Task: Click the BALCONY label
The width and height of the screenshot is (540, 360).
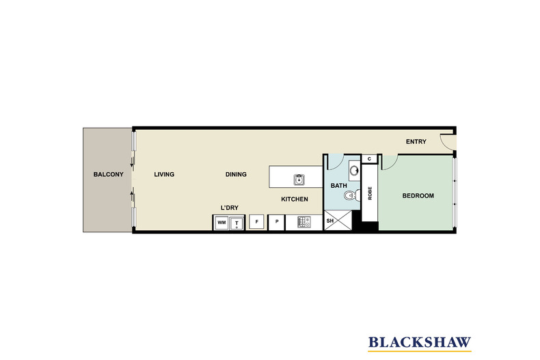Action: pyautogui.click(x=108, y=174)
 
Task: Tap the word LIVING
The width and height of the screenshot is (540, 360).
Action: pyautogui.click(x=164, y=174)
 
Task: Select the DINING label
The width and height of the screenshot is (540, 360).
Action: pyautogui.click(x=236, y=174)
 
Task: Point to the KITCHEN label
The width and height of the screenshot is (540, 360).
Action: pyautogui.click(x=295, y=199)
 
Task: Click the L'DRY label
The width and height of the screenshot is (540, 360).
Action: pyautogui.click(x=230, y=208)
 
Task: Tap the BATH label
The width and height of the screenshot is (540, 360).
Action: pyautogui.click(x=339, y=186)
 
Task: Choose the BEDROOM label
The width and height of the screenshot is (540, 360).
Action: pyautogui.click(x=418, y=196)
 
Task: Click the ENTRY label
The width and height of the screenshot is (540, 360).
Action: pyautogui.click(x=416, y=141)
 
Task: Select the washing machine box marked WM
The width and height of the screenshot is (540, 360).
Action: pyautogui.click(x=221, y=223)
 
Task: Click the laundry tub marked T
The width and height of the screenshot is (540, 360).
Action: pyautogui.click(x=237, y=223)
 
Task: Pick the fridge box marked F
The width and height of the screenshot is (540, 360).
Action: pyautogui.click(x=256, y=222)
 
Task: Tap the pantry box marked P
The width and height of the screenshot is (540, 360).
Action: pyautogui.click(x=277, y=222)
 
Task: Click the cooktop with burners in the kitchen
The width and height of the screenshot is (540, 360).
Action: pyautogui.click(x=303, y=222)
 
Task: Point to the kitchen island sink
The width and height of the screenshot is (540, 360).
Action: pyautogui.click(x=299, y=180)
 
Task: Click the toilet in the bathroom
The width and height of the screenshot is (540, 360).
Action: pyautogui.click(x=351, y=195)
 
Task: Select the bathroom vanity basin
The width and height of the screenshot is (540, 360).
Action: pyautogui.click(x=353, y=170)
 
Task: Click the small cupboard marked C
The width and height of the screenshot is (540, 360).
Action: pyautogui.click(x=370, y=158)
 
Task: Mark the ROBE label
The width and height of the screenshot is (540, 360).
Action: pyautogui.click(x=370, y=193)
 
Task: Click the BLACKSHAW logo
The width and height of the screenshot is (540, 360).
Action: pyautogui.click(x=420, y=343)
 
